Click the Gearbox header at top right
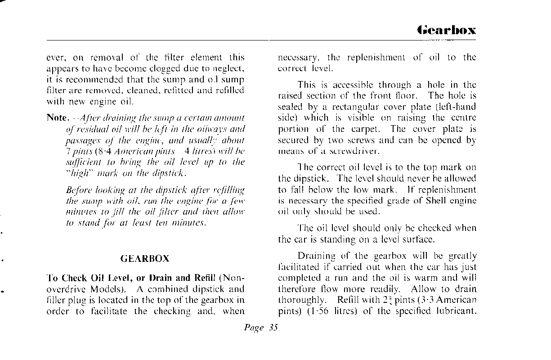(446, 30)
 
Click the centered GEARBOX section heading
(145, 259)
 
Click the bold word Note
(57, 118)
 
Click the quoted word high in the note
(79, 173)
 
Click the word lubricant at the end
(454, 311)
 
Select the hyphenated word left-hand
(456, 107)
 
